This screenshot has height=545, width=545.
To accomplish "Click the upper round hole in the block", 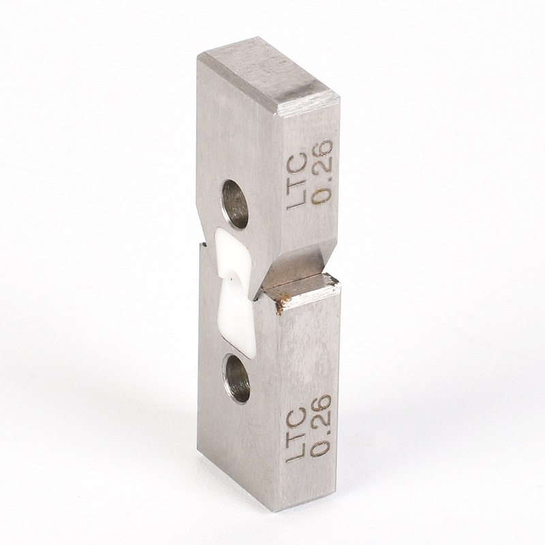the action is (235, 204).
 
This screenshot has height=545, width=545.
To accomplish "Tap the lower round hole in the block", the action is (238, 379).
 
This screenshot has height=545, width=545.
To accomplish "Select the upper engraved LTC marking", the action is (296, 183).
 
